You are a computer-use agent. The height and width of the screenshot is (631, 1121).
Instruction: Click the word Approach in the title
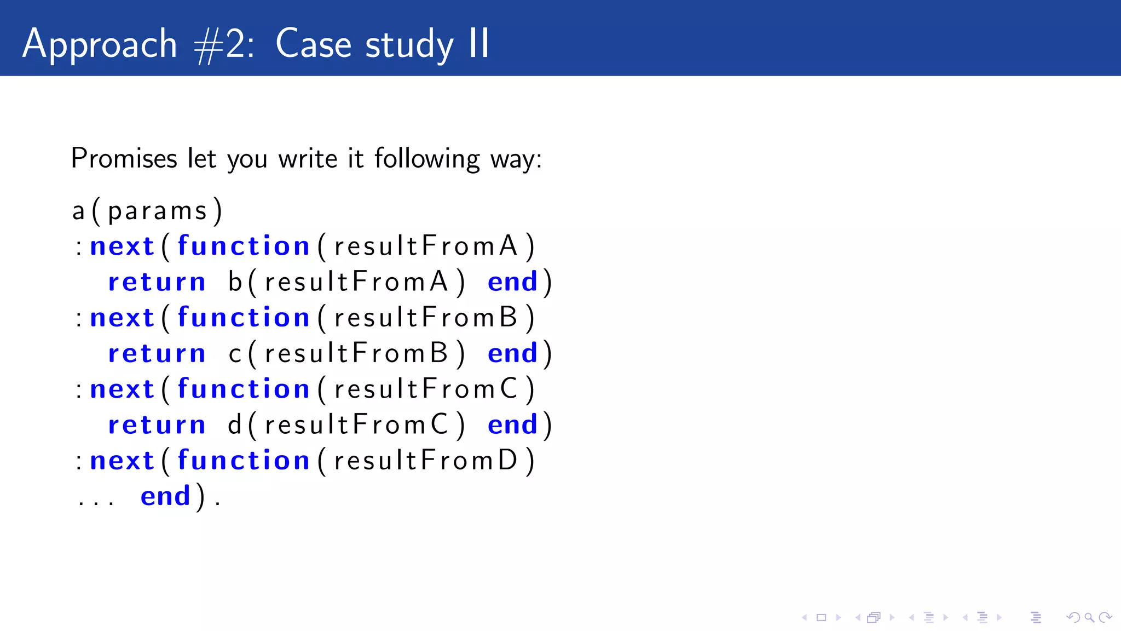[x=100, y=44]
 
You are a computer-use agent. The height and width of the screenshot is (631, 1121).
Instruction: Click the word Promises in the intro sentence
[x=124, y=159]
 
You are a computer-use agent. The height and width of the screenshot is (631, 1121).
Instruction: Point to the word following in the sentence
[x=427, y=159]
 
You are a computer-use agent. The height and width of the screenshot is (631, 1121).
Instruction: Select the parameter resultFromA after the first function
[x=425, y=246]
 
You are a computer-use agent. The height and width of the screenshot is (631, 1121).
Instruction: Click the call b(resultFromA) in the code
[x=346, y=282]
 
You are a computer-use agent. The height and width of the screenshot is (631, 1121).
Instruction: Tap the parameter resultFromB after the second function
[x=425, y=318]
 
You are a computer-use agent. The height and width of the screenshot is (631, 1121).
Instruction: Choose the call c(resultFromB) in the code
[x=346, y=353]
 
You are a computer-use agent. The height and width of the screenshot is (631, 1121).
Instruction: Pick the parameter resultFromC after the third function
[x=425, y=389]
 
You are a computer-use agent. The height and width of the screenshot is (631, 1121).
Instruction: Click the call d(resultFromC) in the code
[x=346, y=425]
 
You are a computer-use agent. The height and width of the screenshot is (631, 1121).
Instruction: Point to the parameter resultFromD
[x=425, y=461]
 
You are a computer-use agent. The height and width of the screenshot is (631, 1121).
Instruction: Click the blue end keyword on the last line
[x=165, y=496]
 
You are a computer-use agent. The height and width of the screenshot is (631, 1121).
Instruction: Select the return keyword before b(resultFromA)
[x=157, y=282]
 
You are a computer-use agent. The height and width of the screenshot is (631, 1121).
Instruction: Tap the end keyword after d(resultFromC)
[x=512, y=425]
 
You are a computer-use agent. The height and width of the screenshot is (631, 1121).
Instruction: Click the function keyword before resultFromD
[x=244, y=461]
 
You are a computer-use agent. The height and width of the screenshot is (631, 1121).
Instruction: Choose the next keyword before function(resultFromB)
[x=122, y=318]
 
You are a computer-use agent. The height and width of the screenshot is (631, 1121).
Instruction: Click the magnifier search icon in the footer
[x=1089, y=618]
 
